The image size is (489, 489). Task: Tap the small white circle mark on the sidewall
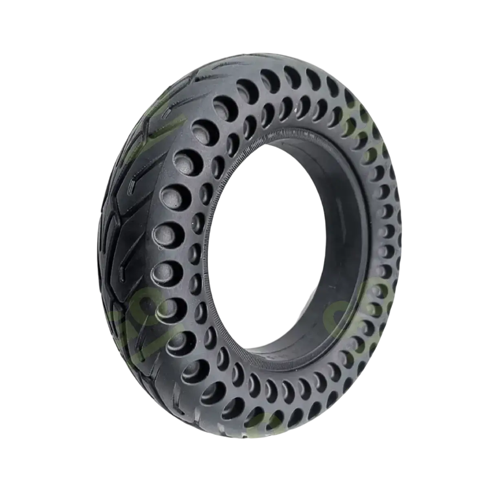tap(161, 247)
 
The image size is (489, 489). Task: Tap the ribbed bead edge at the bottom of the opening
tap(261, 359)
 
